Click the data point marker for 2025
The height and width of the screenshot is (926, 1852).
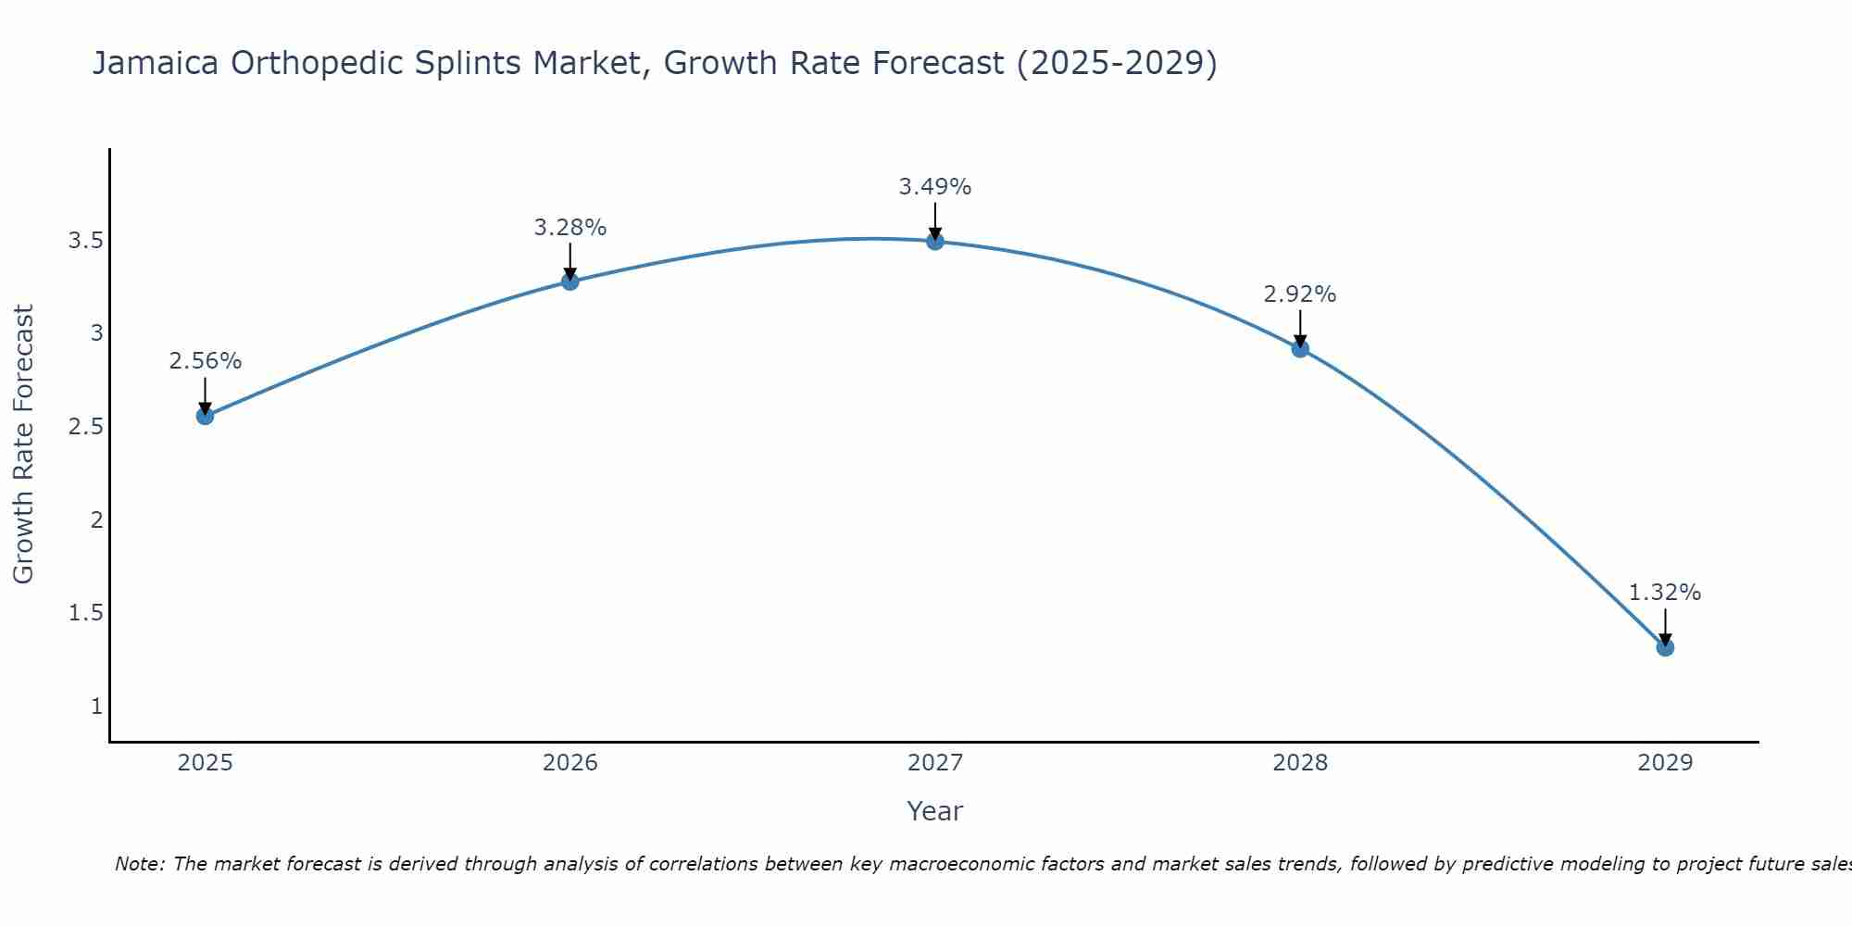pos(205,416)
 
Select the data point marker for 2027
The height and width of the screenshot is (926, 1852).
pos(935,242)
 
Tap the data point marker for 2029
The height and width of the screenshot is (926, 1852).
pos(1665,647)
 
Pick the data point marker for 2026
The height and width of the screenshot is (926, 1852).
pos(570,282)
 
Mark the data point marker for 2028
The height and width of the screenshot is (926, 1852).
pos(1300,349)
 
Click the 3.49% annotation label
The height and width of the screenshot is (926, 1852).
pos(935,187)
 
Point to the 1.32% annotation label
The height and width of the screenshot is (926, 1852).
pos(1665,593)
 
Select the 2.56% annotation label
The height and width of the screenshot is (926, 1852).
pos(205,361)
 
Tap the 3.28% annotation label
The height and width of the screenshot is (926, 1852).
pos(570,228)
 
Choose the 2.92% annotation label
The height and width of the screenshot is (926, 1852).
pos(1300,294)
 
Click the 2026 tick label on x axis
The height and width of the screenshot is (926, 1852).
pos(570,763)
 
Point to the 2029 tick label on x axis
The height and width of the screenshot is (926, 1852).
pos(1665,763)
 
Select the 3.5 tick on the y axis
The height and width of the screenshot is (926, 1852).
pos(85,242)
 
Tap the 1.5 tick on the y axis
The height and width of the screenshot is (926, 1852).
pos(85,613)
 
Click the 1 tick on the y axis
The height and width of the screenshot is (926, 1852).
pos(96,707)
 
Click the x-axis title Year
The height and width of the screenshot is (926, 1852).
pos(935,811)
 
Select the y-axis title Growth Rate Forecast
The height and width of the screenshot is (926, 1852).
pos(23,444)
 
